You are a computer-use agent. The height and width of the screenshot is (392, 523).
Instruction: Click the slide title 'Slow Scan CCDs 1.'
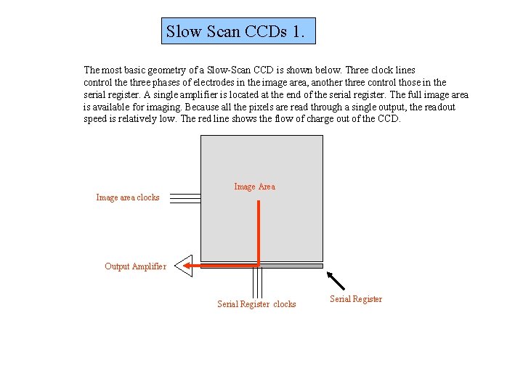[238, 32]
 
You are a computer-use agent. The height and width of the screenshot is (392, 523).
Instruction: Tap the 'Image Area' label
[254, 187]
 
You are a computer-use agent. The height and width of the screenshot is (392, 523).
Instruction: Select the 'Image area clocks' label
[128, 197]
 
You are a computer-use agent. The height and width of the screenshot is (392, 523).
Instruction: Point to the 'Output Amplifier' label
[135, 266]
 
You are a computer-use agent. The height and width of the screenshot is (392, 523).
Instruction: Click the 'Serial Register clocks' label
[256, 304]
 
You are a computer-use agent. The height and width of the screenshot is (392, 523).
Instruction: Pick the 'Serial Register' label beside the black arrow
[356, 299]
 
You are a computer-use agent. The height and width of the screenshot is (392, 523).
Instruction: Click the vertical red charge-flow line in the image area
[258, 232]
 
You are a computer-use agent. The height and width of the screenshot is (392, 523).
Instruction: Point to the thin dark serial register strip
[291, 266]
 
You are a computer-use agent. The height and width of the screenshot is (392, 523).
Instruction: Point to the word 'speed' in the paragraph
[95, 119]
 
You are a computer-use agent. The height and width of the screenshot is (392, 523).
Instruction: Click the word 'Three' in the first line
[358, 70]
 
